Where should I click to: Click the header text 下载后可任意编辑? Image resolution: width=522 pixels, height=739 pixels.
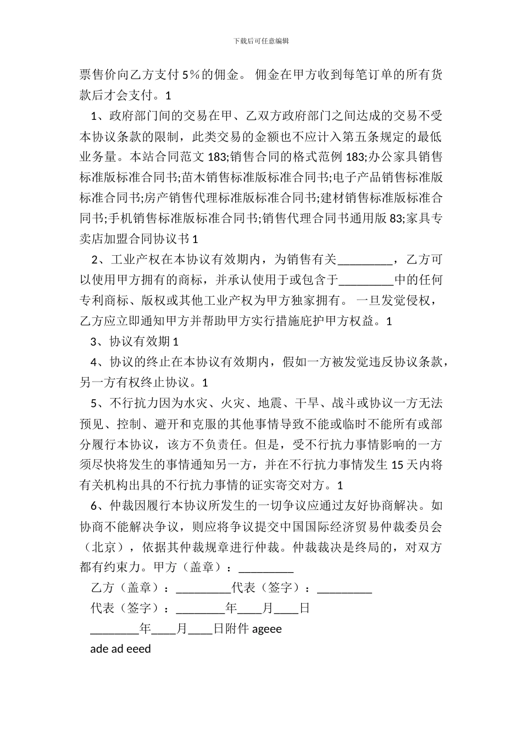261,41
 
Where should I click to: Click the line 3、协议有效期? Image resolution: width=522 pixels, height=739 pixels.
135,342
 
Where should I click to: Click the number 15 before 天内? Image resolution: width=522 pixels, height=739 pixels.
398,465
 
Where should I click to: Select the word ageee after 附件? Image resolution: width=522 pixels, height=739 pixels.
267,629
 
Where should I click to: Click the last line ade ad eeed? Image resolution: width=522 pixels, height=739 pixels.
120,649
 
